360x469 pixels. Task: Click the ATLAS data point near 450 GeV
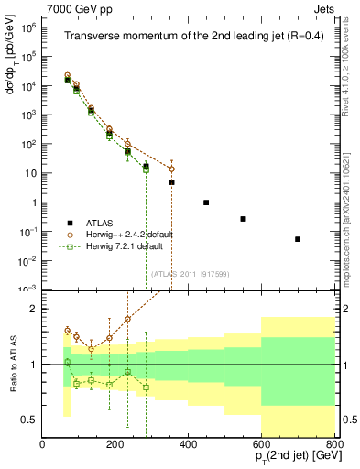point(206,202)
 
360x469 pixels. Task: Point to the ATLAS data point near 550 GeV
point(243,219)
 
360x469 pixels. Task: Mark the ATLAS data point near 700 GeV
point(298,239)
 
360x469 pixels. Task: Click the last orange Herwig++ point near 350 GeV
point(170,169)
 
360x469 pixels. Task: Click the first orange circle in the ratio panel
point(67,330)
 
